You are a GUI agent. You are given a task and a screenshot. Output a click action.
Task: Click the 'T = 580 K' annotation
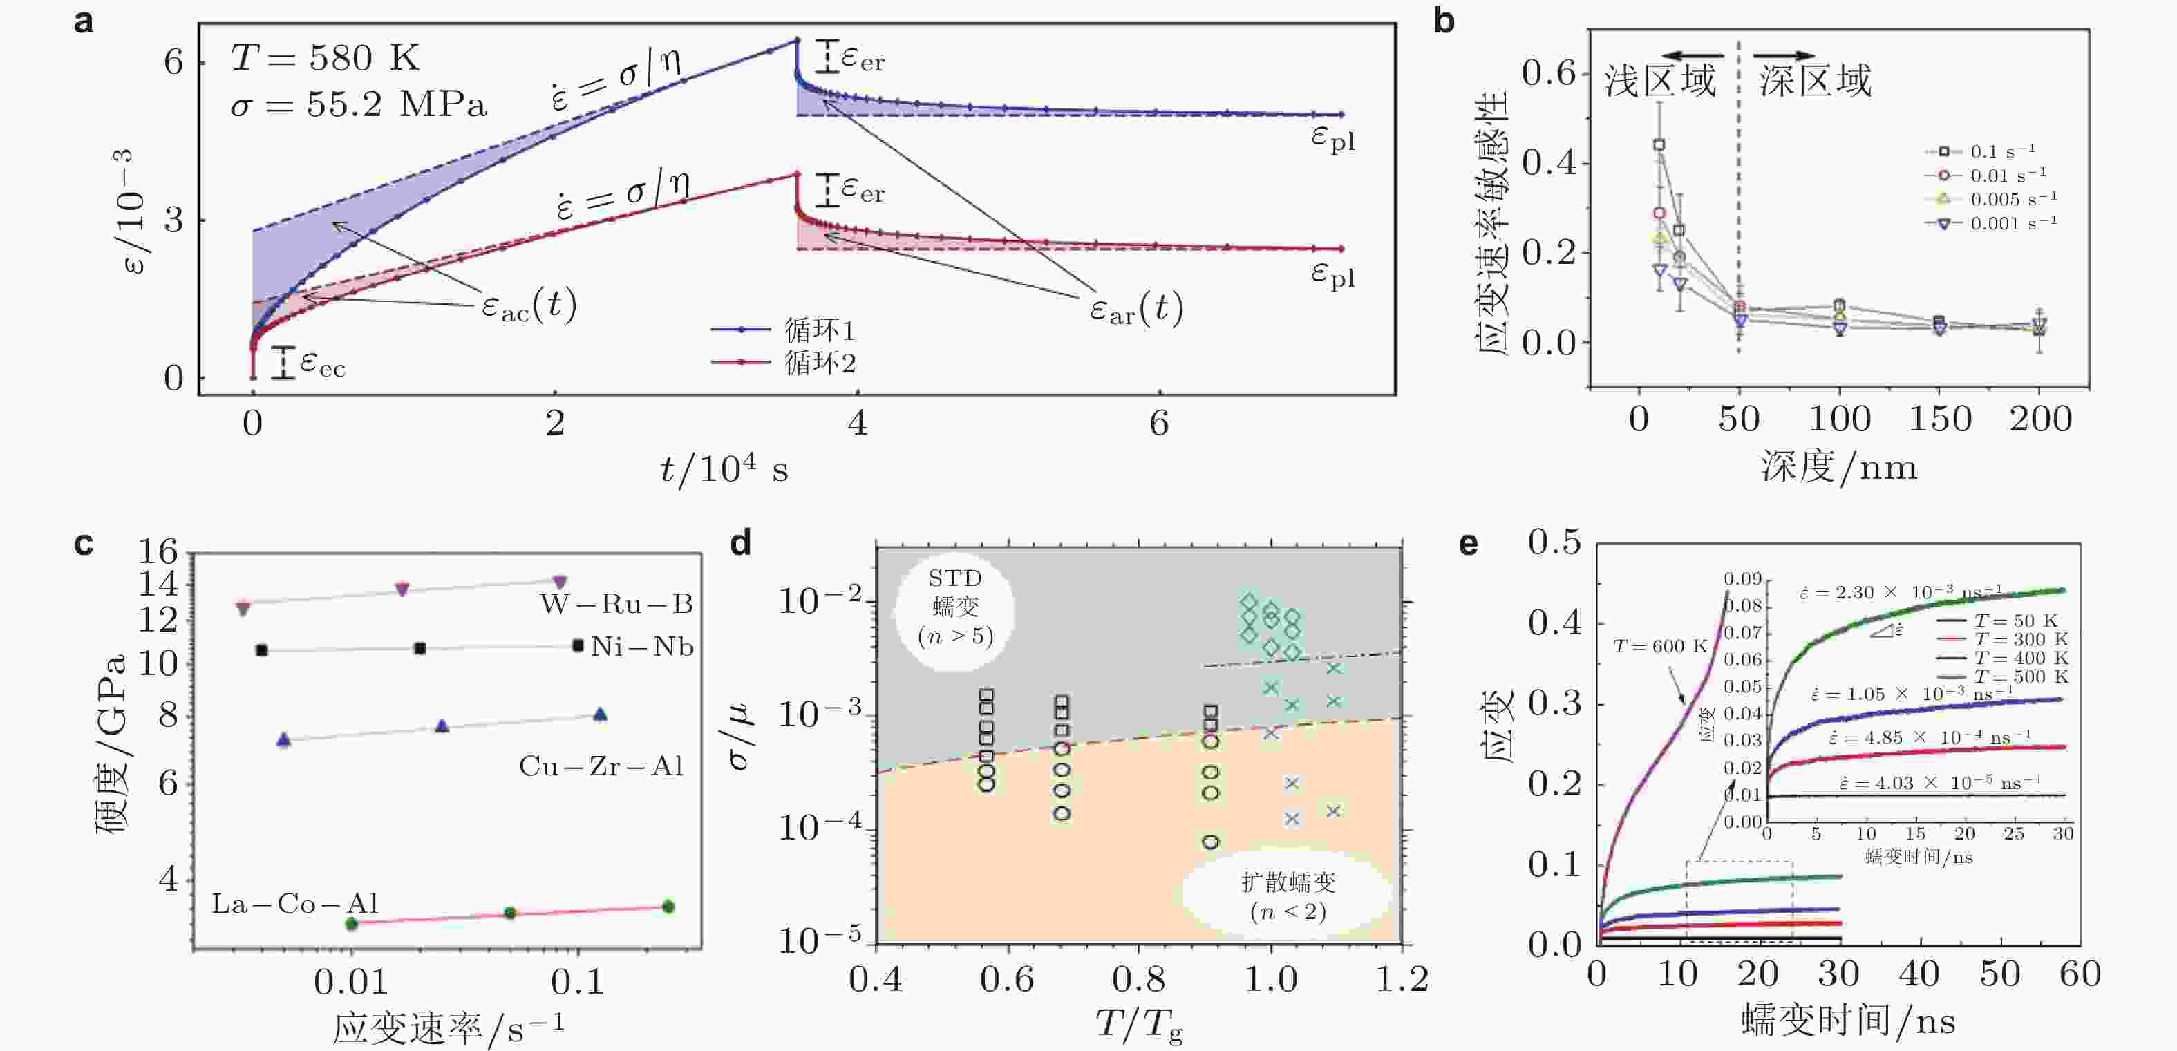pyautogui.click(x=326, y=58)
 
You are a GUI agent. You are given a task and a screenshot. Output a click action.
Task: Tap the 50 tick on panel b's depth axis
pyautogui.click(x=1738, y=419)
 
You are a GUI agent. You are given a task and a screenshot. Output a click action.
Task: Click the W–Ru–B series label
pyautogui.click(x=616, y=604)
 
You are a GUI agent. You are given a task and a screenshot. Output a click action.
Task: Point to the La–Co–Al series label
pyautogui.click(x=295, y=904)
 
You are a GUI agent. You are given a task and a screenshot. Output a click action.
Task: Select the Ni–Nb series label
pyautogui.click(x=642, y=647)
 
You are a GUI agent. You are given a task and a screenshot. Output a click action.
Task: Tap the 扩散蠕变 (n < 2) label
pyautogui.click(x=1288, y=896)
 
